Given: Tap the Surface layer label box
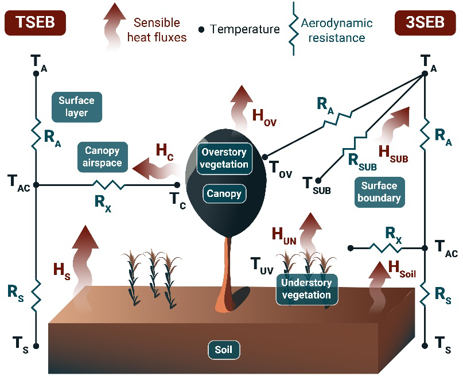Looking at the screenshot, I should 76,107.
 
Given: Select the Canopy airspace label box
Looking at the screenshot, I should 102,157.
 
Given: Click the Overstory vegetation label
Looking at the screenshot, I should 224,158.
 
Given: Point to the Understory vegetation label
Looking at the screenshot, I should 306,289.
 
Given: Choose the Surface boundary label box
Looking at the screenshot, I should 379,192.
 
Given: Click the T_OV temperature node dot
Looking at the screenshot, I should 264,156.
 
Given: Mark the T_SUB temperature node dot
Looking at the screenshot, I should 318,180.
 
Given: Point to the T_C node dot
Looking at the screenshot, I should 177,185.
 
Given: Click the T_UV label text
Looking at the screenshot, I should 263,265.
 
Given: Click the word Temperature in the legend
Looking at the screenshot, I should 245,29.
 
